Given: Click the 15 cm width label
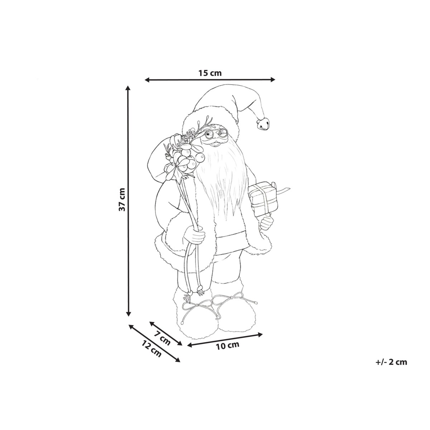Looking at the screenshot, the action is tap(210, 73).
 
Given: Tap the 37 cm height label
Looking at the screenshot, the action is tap(122, 199).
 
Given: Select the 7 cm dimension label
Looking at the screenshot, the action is tap(162, 340).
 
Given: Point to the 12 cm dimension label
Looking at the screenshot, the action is tap(151, 352).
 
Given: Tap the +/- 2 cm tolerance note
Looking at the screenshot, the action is tap(391, 362).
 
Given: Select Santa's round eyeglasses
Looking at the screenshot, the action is tap(216, 134).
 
